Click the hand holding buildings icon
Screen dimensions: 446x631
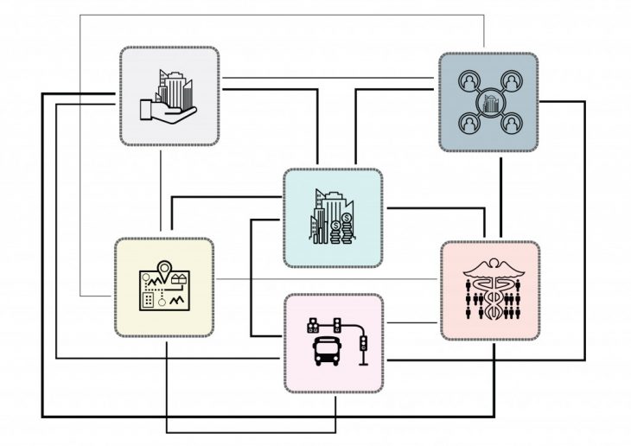(x=169, y=97)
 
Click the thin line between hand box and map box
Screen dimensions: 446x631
(x=161, y=192)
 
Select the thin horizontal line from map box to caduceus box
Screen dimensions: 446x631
(x=328, y=279)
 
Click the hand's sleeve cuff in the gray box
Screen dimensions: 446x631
(x=146, y=110)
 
